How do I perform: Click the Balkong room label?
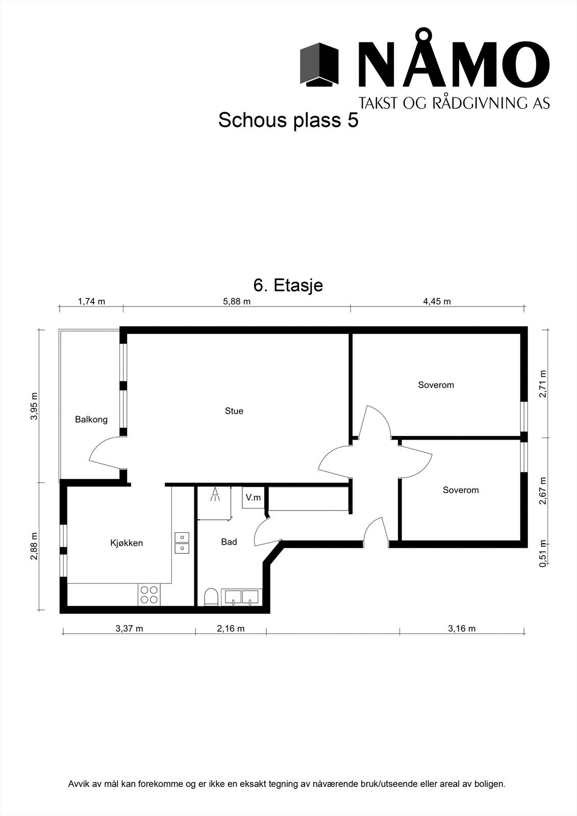click(x=91, y=420)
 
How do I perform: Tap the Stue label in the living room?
click(x=234, y=411)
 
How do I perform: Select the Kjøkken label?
click(x=127, y=543)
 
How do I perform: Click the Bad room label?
click(x=229, y=542)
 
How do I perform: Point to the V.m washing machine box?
click(x=253, y=497)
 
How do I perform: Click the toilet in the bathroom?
click(x=211, y=597)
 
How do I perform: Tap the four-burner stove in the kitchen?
click(x=149, y=595)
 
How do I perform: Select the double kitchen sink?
click(x=182, y=543)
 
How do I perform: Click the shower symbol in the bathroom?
click(x=216, y=494)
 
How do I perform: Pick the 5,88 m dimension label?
click(x=237, y=301)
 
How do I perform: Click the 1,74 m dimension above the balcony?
click(x=91, y=301)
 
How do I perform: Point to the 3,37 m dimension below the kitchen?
click(x=129, y=629)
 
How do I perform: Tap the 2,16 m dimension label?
click(x=231, y=629)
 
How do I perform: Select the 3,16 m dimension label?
click(x=462, y=629)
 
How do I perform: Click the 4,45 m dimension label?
click(x=437, y=301)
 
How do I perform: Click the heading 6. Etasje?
click(x=288, y=285)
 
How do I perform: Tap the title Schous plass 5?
click(x=288, y=120)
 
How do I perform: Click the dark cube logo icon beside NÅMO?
click(x=319, y=65)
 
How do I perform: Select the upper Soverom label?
click(x=436, y=385)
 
